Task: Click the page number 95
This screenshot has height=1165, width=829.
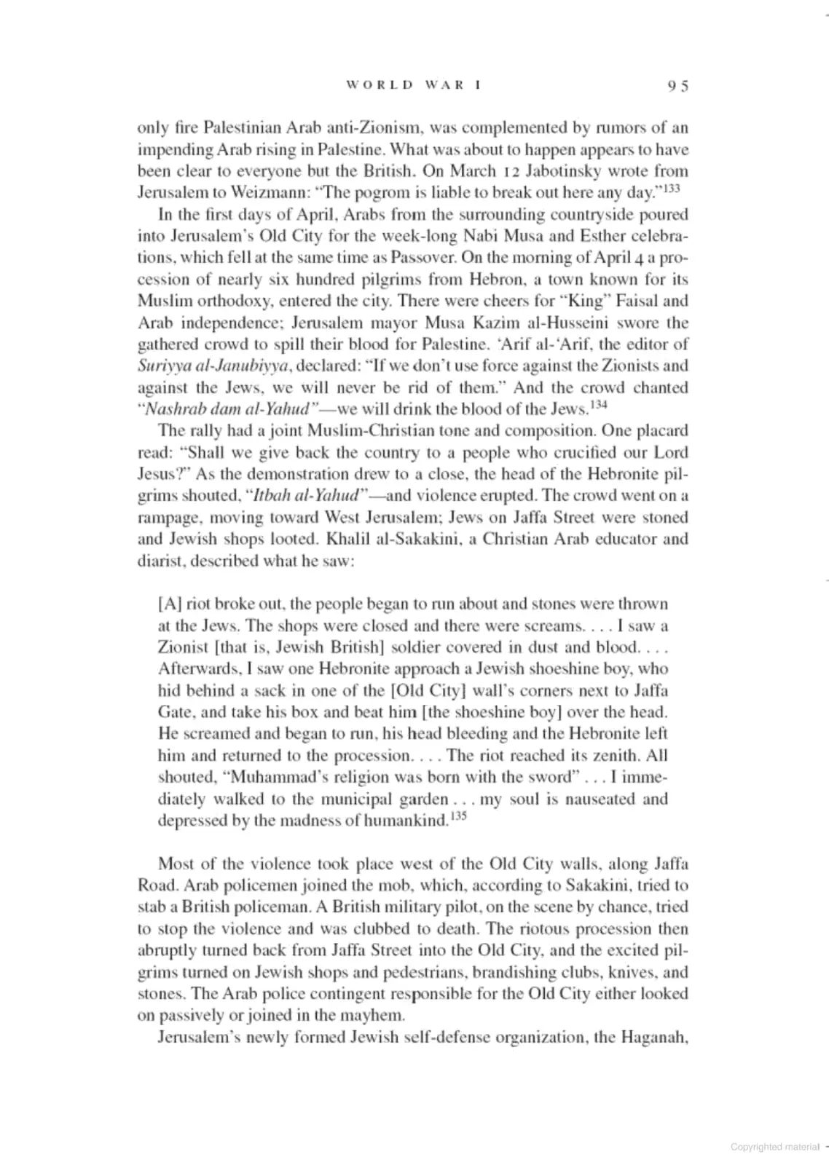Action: tap(677, 85)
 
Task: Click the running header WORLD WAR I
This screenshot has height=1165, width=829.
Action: tap(414, 84)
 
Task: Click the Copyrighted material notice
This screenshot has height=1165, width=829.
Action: tap(775, 1147)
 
